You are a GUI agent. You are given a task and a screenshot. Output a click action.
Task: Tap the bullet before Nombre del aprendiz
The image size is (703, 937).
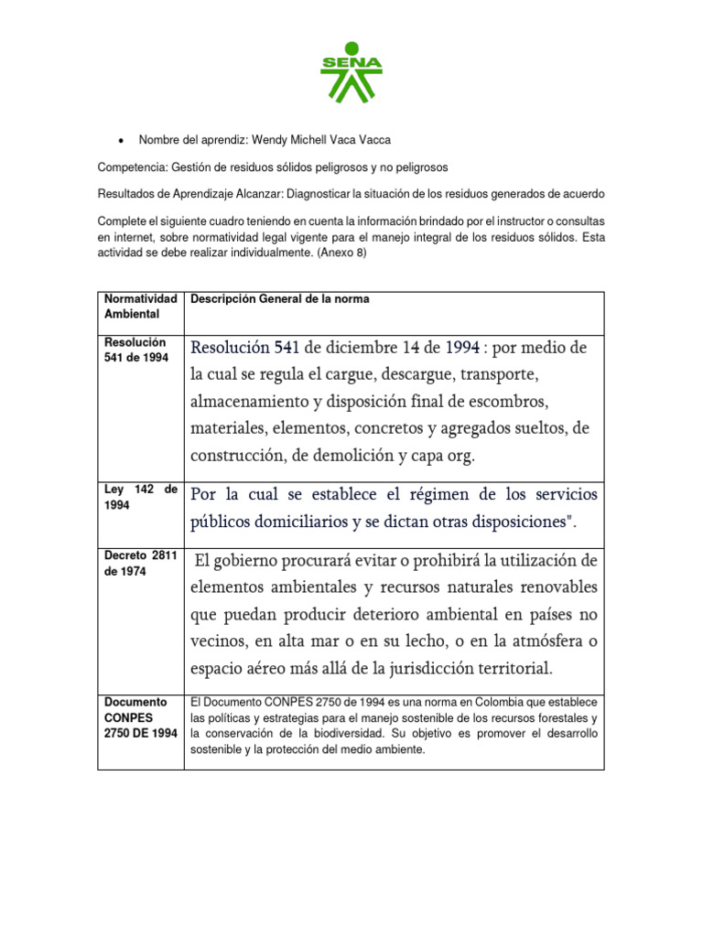point(123,140)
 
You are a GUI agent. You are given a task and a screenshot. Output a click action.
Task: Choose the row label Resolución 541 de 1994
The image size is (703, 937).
point(136,350)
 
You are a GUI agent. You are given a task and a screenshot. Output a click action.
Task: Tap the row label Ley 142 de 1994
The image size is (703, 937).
point(140,497)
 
